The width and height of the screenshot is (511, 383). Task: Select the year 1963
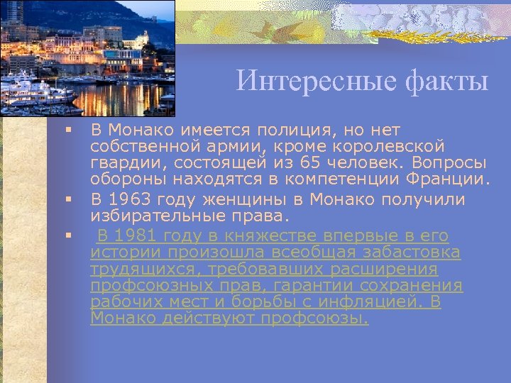(x=133, y=199)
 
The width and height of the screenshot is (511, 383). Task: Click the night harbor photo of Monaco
(x=87, y=57)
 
